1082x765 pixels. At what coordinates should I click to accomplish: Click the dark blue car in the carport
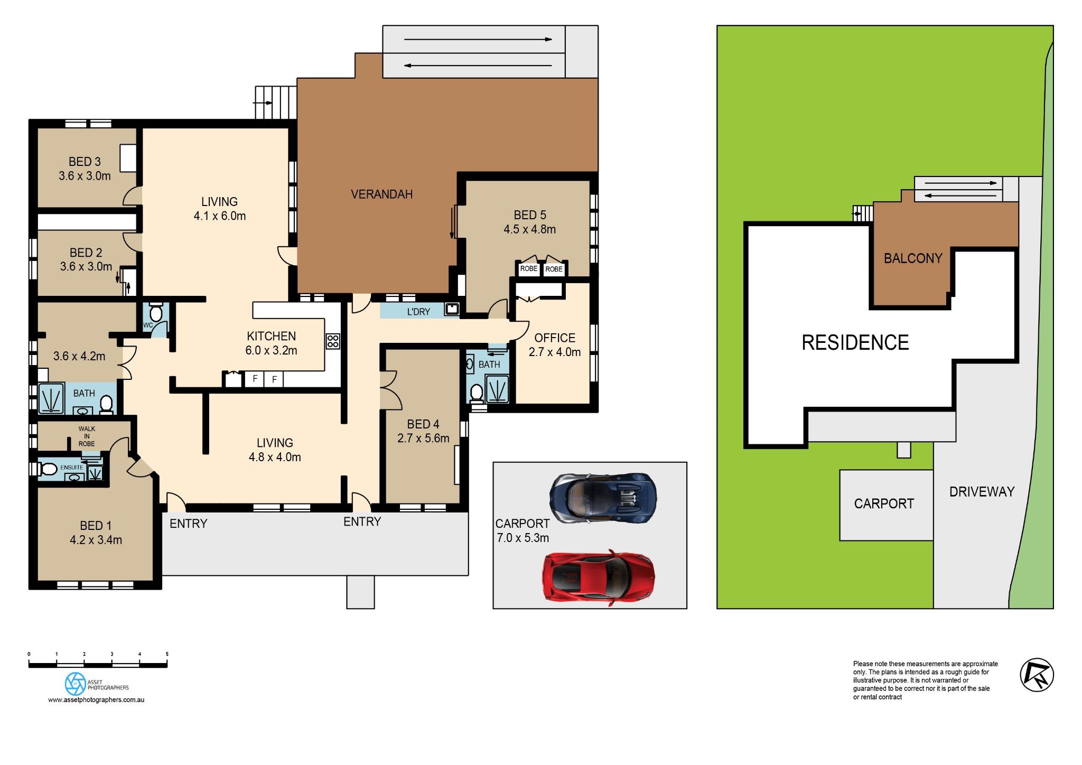[603, 498]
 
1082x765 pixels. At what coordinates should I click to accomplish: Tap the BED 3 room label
[85, 162]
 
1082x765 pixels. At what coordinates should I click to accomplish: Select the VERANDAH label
[381, 194]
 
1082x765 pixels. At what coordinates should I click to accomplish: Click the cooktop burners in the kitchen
[332, 341]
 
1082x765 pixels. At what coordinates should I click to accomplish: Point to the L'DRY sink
[451, 309]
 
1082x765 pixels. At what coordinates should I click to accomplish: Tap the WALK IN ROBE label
[87, 436]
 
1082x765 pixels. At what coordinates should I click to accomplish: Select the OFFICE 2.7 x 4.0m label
[554, 345]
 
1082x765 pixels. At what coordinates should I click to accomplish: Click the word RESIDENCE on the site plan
[855, 343]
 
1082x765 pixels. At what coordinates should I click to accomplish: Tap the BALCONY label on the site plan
[913, 258]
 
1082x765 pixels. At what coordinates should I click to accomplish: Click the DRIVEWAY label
[982, 492]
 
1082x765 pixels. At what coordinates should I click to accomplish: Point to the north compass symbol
[1036, 675]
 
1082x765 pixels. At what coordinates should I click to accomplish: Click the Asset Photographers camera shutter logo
[75, 684]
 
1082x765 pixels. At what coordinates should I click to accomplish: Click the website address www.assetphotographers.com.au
[96, 699]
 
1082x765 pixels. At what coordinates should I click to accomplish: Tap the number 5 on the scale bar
[167, 654]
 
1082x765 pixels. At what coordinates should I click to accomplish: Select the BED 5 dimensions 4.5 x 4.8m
[529, 229]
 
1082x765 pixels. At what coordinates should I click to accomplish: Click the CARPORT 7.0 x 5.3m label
[523, 530]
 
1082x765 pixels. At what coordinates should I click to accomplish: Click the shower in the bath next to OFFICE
[497, 389]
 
